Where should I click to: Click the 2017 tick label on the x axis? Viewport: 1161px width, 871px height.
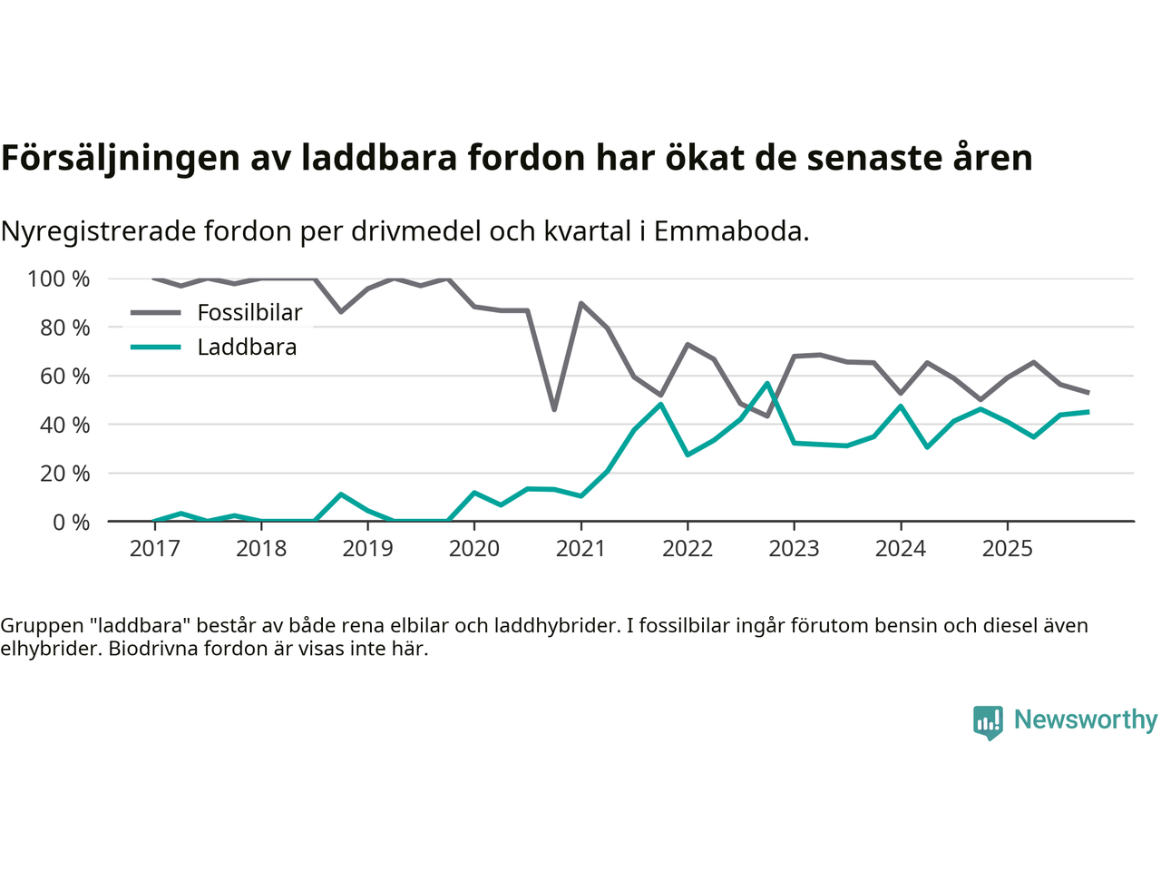(x=154, y=548)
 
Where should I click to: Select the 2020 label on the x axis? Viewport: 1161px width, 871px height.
(x=474, y=548)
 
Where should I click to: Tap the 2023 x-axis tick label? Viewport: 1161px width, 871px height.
(x=794, y=548)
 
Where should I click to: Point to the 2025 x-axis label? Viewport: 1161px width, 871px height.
(x=1007, y=548)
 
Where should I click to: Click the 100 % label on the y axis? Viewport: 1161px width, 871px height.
(x=59, y=279)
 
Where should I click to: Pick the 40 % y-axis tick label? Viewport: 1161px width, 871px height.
(x=65, y=425)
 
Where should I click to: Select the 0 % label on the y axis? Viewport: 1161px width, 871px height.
(x=72, y=522)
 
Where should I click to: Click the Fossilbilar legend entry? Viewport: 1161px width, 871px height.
(x=249, y=313)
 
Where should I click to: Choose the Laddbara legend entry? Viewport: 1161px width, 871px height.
(x=247, y=347)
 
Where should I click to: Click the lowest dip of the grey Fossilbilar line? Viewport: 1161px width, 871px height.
(x=554, y=410)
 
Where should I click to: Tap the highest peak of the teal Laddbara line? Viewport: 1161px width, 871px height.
(x=767, y=383)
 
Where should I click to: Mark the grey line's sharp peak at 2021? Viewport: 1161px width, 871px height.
(x=580, y=303)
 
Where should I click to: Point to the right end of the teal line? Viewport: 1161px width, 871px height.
(x=1088, y=412)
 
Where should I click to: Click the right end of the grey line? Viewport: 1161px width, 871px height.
(x=1088, y=393)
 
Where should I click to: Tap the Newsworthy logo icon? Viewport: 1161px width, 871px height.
(x=988, y=722)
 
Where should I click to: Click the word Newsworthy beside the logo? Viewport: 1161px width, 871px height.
(x=1085, y=719)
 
